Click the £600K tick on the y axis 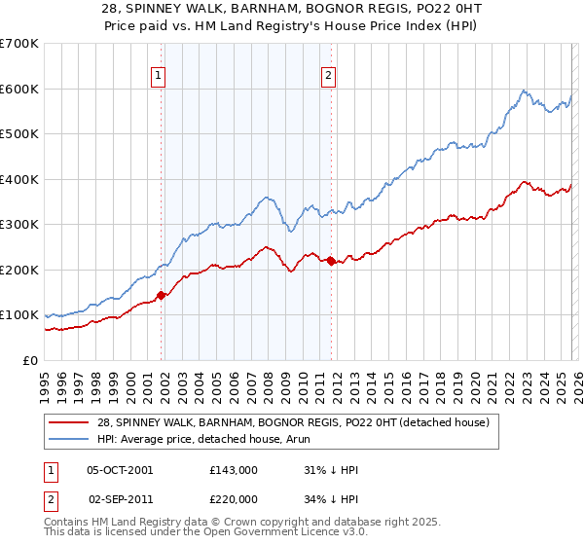pyautogui.click(x=19, y=89)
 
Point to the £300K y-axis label pyautogui.click(x=19, y=224)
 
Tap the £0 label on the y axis pyautogui.click(x=31, y=360)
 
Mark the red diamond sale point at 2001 pyautogui.click(x=162, y=295)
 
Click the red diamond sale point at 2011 pyautogui.click(x=331, y=261)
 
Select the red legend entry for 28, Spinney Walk pyautogui.click(x=299, y=421)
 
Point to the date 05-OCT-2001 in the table pyautogui.click(x=120, y=470)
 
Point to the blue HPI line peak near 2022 pyautogui.click(x=524, y=91)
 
